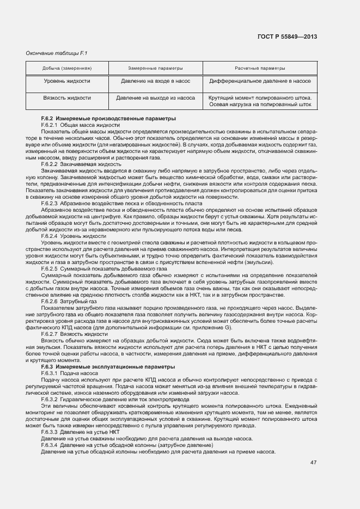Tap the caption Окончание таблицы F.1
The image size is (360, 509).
50,53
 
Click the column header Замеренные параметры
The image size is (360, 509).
155,68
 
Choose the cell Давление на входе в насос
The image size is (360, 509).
155,81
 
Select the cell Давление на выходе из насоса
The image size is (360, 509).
155,99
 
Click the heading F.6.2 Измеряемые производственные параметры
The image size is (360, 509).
108,119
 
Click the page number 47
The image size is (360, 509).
314,463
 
